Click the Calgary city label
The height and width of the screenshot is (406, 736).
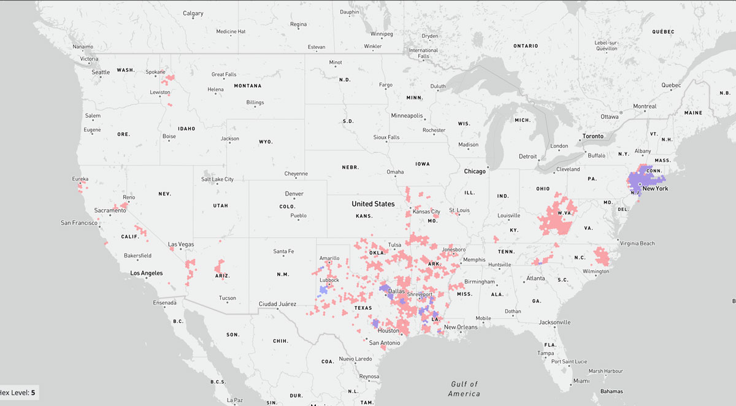[193, 13]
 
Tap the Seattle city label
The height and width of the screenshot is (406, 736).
[101, 72]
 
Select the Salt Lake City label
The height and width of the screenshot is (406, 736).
[217, 179]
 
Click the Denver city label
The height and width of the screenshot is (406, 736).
[294, 194]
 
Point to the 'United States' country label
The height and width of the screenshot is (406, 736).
[373, 204]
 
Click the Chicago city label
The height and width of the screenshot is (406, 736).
[475, 171]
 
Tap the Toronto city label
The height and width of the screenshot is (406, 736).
[592, 136]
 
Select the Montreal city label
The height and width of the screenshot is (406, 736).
[645, 106]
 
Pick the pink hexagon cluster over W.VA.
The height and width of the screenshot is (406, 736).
[558, 218]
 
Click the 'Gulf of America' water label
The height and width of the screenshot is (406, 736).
[463, 388]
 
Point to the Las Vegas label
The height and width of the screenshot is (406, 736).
[181, 244]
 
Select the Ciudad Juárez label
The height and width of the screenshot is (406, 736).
[277, 304]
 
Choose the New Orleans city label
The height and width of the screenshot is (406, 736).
[461, 327]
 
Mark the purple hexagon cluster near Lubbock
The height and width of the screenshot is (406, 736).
[323, 289]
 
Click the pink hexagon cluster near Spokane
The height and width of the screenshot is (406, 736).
[167, 78]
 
